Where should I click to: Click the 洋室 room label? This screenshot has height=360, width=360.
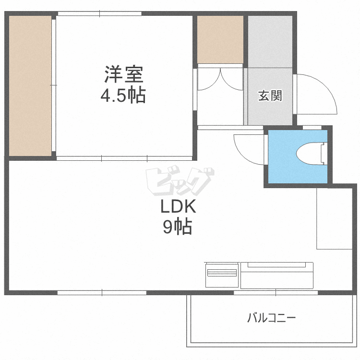124,74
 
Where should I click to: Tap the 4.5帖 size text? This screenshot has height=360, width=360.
123,95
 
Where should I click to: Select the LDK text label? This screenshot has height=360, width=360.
178,206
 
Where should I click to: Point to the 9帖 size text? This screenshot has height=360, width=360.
178,227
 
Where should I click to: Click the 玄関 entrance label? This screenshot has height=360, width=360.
270,96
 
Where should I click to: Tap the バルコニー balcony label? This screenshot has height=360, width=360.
271,318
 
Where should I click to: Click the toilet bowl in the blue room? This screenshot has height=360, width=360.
309,154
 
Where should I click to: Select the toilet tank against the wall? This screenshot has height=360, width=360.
324,154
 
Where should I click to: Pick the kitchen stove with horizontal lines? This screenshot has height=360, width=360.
222,275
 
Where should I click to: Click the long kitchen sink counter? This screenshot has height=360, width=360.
277,276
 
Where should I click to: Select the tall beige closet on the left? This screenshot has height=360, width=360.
30,85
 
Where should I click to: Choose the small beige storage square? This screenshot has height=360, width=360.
220,39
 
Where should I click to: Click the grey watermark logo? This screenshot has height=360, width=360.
180,181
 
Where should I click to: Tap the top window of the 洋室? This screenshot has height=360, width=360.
100,13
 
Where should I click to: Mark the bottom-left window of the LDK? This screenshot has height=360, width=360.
102,293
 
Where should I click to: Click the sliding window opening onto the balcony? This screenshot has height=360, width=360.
276,293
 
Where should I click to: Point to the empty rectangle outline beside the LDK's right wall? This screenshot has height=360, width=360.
334,218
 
